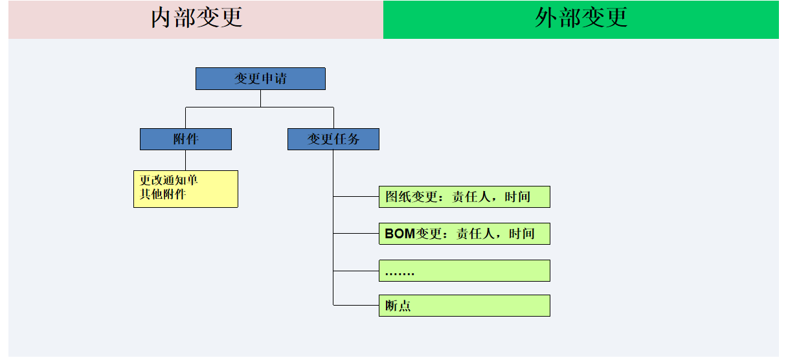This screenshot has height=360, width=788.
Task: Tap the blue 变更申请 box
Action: (260, 79)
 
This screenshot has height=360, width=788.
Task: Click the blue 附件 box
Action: (186, 139)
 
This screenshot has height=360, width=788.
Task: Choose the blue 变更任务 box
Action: (333, 139)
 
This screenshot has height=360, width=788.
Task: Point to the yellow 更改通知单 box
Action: (186, 189)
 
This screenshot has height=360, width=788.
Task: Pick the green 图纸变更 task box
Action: (464, 197)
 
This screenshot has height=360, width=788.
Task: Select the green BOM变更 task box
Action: (464, 234)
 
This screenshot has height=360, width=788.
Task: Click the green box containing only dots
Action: (464, 271)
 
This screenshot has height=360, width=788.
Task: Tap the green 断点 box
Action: (464, 306)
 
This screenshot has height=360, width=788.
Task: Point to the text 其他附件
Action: (163, 194)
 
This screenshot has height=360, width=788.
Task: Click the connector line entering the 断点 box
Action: (356, 305)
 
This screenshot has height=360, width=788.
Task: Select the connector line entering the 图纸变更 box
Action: (356, 196)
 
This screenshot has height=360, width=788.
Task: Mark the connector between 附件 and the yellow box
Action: (186, 160)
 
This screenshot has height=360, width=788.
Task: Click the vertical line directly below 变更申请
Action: (260, 98)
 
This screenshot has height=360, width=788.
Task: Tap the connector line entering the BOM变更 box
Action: (356, 233)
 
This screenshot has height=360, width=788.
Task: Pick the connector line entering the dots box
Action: (356, 270)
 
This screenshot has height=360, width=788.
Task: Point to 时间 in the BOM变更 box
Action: (522, 234)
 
